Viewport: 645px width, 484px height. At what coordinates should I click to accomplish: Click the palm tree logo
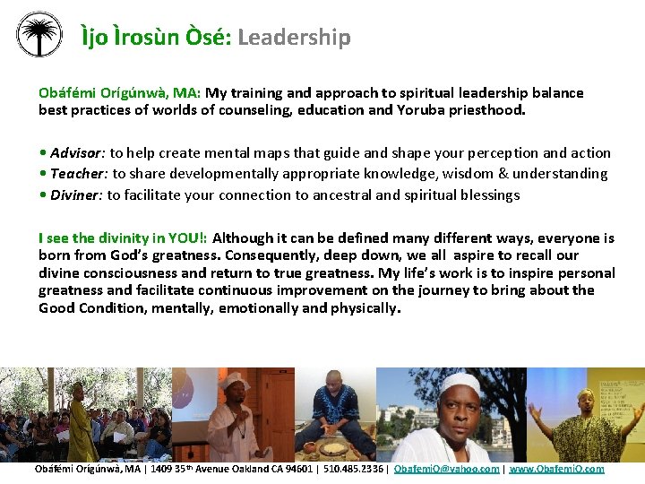(39, 35)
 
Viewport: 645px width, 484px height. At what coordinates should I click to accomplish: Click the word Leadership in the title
(294, 37)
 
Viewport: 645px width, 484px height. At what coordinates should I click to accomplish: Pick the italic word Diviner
(75, 194)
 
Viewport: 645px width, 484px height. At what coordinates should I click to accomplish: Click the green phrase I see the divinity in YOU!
(123, 238)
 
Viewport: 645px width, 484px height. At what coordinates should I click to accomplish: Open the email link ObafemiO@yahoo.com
(446, 469)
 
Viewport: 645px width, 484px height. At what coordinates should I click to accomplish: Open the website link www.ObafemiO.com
(556, 469)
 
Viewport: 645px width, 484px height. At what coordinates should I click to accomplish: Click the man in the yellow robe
(82, 426)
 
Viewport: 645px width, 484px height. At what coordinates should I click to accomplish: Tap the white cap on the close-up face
(460, 383)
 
